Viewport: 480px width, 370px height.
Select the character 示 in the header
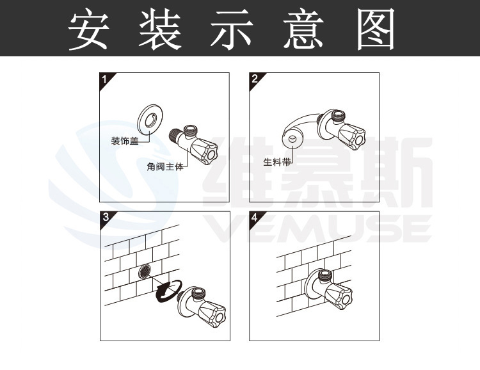(232, 29)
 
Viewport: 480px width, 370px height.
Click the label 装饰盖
(125, 141)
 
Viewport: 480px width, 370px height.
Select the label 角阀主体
(165, 166)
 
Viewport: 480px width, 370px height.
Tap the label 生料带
(276, 162)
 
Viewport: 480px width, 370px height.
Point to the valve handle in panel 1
(204, 151)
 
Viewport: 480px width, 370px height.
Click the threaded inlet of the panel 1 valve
(175, 135)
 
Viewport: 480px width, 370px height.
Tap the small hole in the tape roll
(292, 139)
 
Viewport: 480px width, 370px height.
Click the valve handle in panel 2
(353, 137)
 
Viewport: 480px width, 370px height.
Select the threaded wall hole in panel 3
(145, 271)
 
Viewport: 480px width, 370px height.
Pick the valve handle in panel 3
(212, 315)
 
